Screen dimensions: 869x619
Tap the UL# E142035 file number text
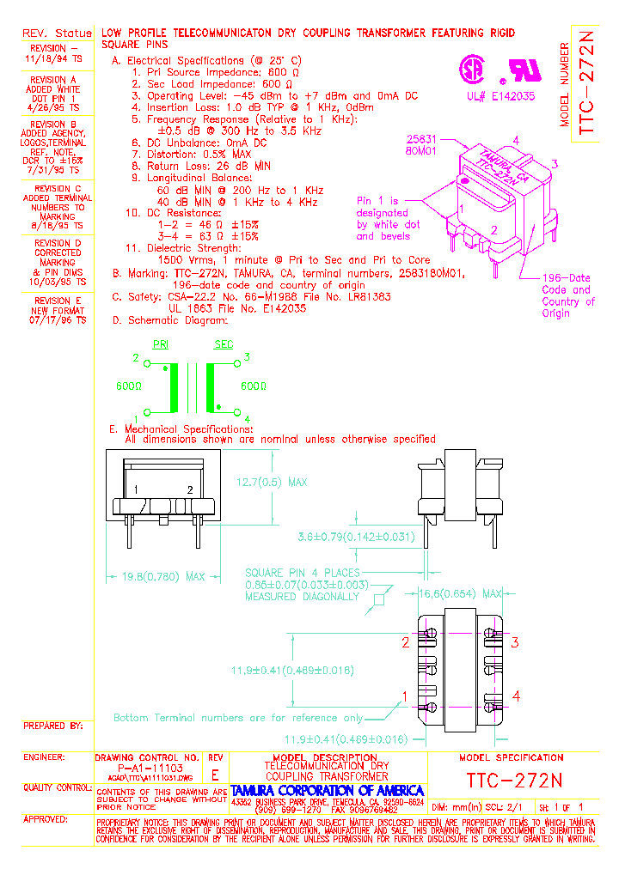[500, 97]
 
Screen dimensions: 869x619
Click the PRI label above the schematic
[161, 344]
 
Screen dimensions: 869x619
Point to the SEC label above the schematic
[224, 344]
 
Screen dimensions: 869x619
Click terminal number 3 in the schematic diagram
[247, 357]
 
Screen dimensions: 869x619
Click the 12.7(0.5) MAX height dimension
[273, 483]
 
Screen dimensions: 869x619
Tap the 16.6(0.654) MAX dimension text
[460, 593]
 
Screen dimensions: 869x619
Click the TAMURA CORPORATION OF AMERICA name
[328, 790]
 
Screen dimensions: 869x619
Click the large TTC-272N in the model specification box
[514, 781]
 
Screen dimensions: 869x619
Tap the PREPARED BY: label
[53, 726]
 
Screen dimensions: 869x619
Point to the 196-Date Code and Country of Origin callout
[567, 295]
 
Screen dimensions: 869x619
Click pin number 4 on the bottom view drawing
[516, 696]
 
